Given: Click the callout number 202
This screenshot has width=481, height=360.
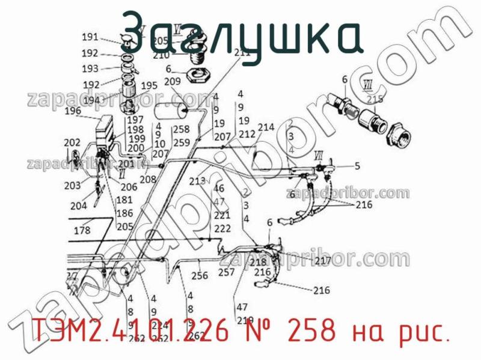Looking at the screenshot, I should pyautogui.click(x=72, y=142).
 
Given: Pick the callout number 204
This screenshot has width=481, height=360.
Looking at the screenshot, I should pyautogui.click(x=79, y=206).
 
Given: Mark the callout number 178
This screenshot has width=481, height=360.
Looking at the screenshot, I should pyautogui.click(x=82, y=230).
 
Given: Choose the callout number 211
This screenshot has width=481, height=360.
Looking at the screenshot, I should pyautogui.click(x=242, y=52).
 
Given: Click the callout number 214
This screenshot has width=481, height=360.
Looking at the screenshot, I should pyautogui.click(x=266, y=127).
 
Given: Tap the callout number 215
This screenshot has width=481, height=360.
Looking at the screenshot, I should pyautogui.click(x=375, y=99).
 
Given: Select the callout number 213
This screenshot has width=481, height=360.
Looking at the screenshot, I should pyautogui.click(x=197, y=180).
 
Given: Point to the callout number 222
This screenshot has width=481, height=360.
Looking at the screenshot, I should pyautogui.click(x=222, y=228).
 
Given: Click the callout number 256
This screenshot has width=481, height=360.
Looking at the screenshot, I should pyautogui.click(x=199, y=276).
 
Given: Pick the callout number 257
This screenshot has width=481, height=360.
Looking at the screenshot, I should pyautogui.click(x=226, y=272).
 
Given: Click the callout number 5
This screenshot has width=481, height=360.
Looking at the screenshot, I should pyautogui.click(x=357, y=166).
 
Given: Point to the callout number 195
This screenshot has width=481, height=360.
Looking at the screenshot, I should pyautogui.click(x=149, y=85).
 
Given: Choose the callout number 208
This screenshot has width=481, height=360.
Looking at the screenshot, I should pyautogui.click(x=148, y=179).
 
